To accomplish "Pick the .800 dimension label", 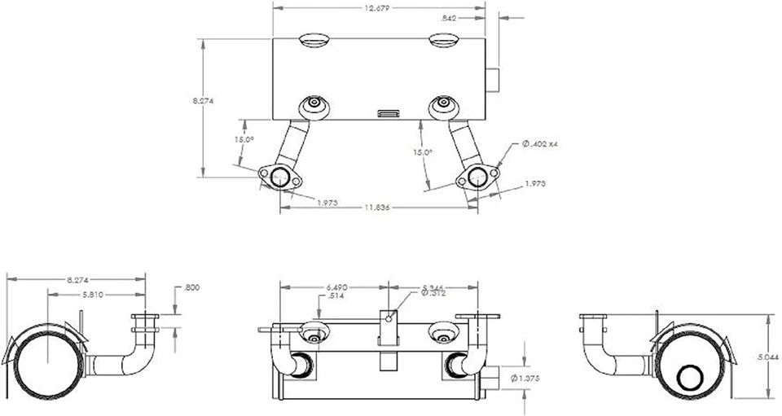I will coord(192,287).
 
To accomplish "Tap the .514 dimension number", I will coord(333,296).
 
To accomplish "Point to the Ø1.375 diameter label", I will coord(525,379).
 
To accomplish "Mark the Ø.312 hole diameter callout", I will coord(434,294).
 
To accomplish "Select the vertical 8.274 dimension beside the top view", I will coord(203,101).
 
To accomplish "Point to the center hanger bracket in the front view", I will coord(389,330).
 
